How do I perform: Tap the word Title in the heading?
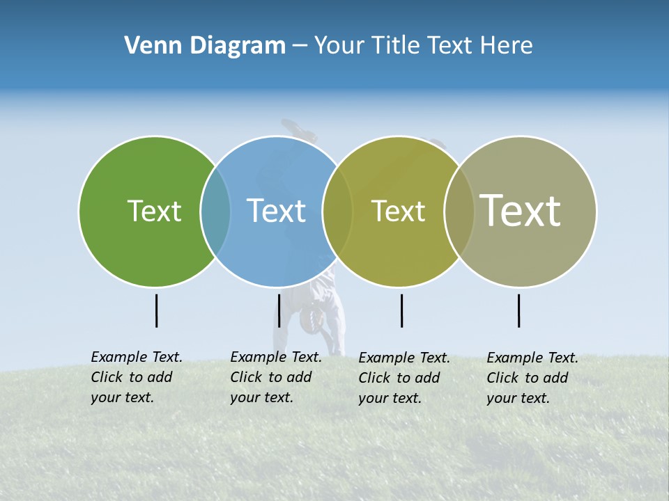pyautogui.click(x=397, y=46)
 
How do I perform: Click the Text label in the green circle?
pyautogui.click(x=154, y=211)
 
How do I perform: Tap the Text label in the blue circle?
pyautogui.click(x=276, y=211)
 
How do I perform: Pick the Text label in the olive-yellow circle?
pyautogui.click(x=398, y=211)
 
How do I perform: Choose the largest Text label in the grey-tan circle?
pyautogui.click(x=521, y=210)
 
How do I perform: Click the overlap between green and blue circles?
pyautogui.click(x=215, y=211)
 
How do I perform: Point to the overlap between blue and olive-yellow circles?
pyautogui.click(x=337, y=211)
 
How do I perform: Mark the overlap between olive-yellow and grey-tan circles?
pyautogui.click(x=459, y=211)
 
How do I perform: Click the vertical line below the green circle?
pyautogui.click(x=156, y=310)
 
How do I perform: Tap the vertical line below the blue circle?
pyautogui.click(x=279, y=310)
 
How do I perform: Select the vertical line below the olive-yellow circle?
pyautogui.click(x=401, y=310)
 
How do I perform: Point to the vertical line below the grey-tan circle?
pyautogui.click(x=518, y=310)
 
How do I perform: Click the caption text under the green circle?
pyautogui.click(x=136, y=377)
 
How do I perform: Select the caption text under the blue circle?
pyautogui.click(x=275, y=377)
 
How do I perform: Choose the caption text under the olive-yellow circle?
pyautogui.click(x=403, y=378)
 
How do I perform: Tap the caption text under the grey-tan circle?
pyautogui.click(x=532, y=378)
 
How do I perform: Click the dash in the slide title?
pyautogui.click(x=300, y=46)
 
